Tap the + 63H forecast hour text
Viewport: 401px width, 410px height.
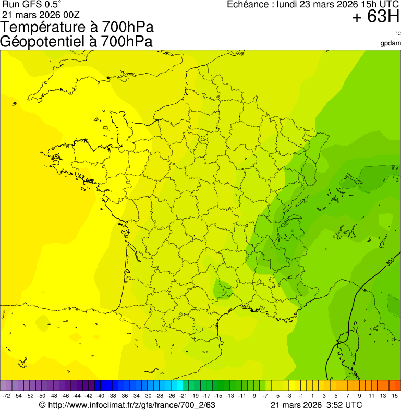tap(375, 17)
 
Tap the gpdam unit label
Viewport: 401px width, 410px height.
tap(391, 43)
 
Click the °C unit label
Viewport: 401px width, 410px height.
tap(398, 34)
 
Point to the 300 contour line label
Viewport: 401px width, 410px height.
tap(390, 263)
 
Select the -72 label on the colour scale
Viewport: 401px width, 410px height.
tap(6, 396)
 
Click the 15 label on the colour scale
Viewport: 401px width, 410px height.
tap(395, 396)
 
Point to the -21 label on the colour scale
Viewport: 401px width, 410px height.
tap(183, 396)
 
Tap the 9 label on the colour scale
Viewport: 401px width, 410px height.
tap(360, 396)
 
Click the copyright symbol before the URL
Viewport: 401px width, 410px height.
tap(43, 405)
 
